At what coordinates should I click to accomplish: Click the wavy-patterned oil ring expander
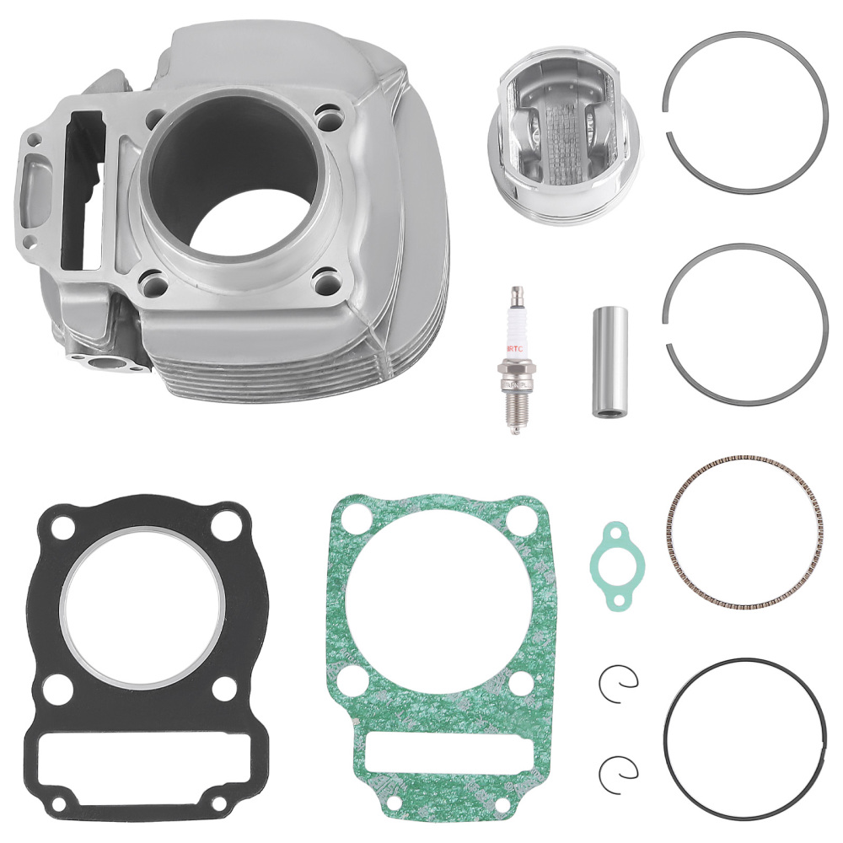tap(743, 534)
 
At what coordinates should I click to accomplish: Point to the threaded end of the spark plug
tap(513, 413)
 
